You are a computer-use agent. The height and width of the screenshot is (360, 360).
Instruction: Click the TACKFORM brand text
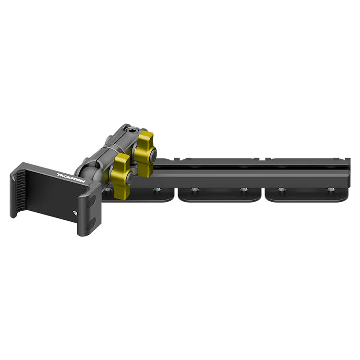(x=71, y=178)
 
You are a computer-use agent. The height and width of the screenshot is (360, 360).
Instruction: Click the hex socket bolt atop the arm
(x=132, y=132)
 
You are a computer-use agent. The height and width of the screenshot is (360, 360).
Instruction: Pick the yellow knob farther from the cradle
(x=144, y=154)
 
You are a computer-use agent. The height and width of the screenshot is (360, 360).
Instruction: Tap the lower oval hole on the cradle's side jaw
(x=92, y=224)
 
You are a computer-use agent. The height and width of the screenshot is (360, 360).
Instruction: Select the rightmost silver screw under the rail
(x=330, y=190)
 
